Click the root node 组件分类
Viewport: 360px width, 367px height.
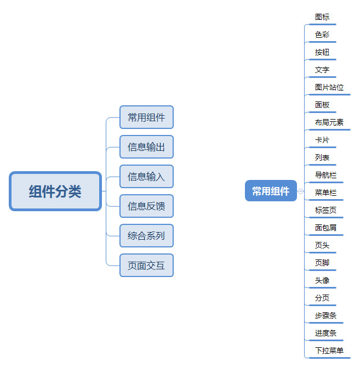pyautogui.click(x=55, y=191)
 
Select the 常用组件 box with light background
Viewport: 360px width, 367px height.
pyautogui.click(x=146, y=117)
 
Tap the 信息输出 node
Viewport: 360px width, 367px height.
pyautogui.click(x=146, y=147)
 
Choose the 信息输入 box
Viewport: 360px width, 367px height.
pyautogui.click(x=146, y=177)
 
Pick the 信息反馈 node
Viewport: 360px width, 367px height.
pyautogui.click(x=146, y=206)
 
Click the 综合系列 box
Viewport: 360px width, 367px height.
pyautogui.click(x=146, y=236)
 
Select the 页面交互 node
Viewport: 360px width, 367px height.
pyautogui.click(x=146, y=266)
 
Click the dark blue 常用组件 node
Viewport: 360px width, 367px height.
pyautogui.click(x=271, y=191)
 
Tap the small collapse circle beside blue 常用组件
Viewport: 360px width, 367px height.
pyautogui.click(x=301, y=191)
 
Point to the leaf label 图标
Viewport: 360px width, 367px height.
pyautogui.click(x=322, y=17)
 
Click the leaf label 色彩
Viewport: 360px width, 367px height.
pyautogui.click(x=322, y=35)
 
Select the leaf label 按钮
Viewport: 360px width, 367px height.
pyautogui.click(x=322, y=52)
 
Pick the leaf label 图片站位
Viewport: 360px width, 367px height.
pyautogui.click(x=329, y=87)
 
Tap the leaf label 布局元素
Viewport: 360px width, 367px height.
pyautogui.click(x=329, y=122)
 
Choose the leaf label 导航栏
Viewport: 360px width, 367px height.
pyautogui.click(x=325, y=175)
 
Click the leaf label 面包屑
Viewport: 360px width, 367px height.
pyautogui.click(x=325, y=228)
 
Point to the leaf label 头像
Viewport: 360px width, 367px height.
pyautogui.click(x=322, y=280)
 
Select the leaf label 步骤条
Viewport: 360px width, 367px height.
pyautogui.click(x=325, y=315)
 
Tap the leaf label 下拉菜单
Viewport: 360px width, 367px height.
pyautogui.click(x=329, y=351)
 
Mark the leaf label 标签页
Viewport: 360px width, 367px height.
pyautogui.click(x=325, y=210)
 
